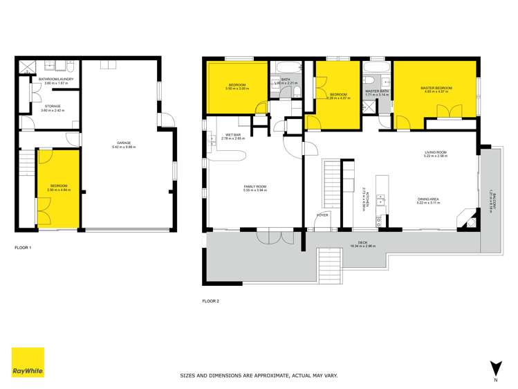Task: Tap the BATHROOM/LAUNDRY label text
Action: (x=56, y=80)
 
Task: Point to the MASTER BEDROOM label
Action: (x=436, y=89)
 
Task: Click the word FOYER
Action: (x=322, y=216)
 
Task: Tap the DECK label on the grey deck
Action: (x=362, y=243)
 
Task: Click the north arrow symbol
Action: (x=494, y=368)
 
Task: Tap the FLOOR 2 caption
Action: (x=211, y=302)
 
